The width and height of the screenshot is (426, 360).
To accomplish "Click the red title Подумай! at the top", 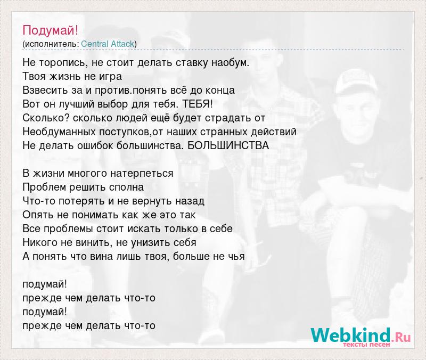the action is tap(50, 30).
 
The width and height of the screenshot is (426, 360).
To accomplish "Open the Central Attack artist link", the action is tap(108, 44).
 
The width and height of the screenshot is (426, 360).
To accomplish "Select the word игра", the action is tap(110, 77).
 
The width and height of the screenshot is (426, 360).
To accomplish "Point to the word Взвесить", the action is tap(46, 90).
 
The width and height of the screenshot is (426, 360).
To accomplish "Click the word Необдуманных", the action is tap(59, 132).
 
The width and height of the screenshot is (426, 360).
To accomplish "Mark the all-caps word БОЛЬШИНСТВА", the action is tap(228, 145).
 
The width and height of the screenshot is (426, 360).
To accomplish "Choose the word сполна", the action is tap(127, 187).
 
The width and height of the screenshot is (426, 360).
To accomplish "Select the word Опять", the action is tap(38, 215).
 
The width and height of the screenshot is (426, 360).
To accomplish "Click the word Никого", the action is tap(40, 243).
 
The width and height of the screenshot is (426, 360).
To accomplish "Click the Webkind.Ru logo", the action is tap(361, 336).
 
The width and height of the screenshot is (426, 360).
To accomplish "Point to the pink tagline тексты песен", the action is tap(366, 345).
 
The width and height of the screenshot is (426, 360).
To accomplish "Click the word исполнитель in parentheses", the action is tap(51, 44).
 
